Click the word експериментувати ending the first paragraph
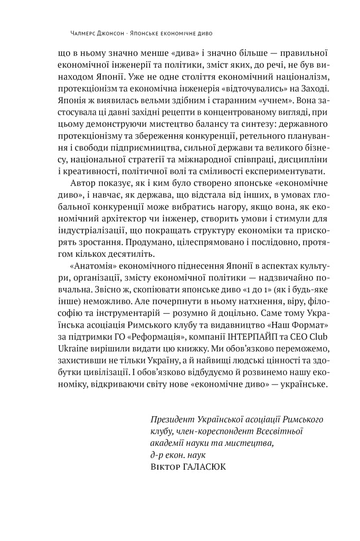coord(284,173)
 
